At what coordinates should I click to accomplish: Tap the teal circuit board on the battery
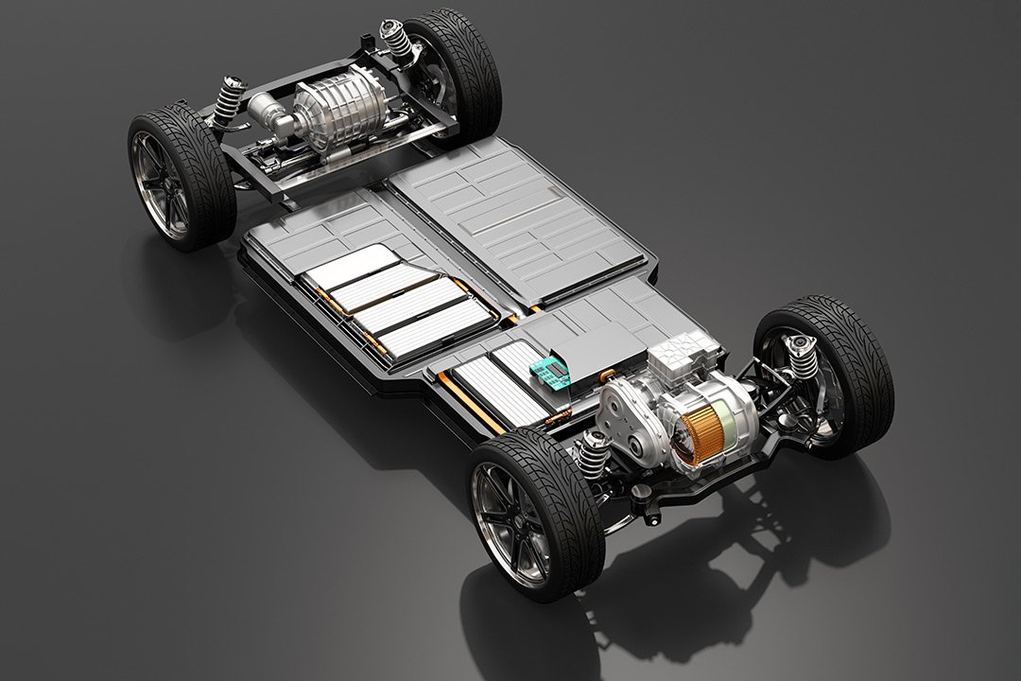click(548, 375)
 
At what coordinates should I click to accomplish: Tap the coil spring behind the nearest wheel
click(593, 453)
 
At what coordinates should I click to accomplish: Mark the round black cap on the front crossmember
click(646, 493)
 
